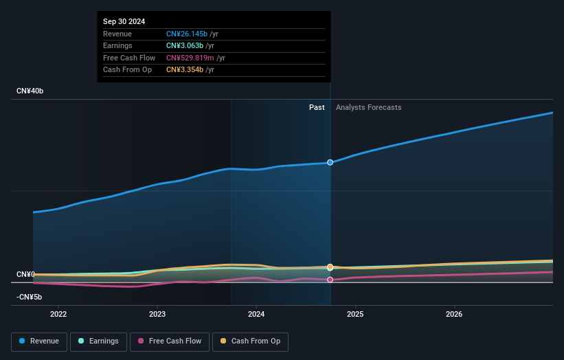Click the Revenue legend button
pyautogui.click(x=39, y=341)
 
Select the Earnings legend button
pyautogui.click(x=98, y=341)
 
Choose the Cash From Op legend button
pyautogui.click(x=250, y=341)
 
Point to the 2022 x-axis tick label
pyautogui.click(x=58, y=315)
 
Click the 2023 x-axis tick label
pyautogui.click(x=157, y=315)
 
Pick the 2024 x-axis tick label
pyautogui.click(x=256, y=315)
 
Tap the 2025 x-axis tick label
pyautogui.click(x=355, y=315)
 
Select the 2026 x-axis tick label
pyautogui.click(x=454, y=315)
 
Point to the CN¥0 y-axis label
pyautogui.click(x=25, y=275)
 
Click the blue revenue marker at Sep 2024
pyautogui.click(x=330, y=163)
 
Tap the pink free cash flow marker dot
pyautogui.click(x=330, y=280)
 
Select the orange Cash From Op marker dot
pyautogui.click(x=330, y=267)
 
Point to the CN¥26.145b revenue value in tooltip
pyautogui.click(x=186, y=34)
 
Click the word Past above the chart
pyautogui.click(x=317, y=107)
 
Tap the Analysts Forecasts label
pyautogui.click(x=368, y=107)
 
